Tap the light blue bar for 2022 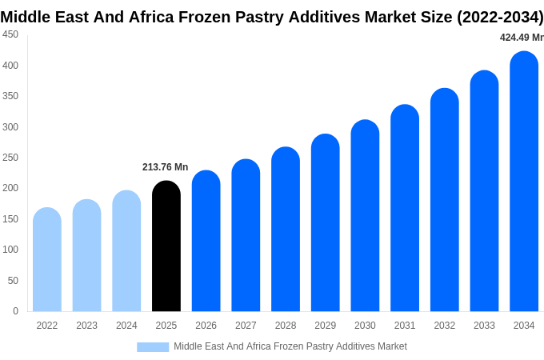point(47,260)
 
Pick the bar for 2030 point(365,216)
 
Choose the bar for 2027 point(246,235)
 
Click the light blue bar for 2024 point(126,251)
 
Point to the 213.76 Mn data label point(165,167)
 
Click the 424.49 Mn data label point(521,38)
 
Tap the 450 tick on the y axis point(10,34)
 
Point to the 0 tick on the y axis point(15,311)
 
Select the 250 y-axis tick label point(10,158)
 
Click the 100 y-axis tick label point(10,250)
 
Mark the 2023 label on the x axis point(86,326)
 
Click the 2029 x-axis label point(325,326)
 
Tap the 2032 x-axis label point(444,326)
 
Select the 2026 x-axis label point(206,326)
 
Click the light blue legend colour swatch point(153,347)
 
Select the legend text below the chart point(290,346)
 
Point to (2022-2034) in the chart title point(500,17)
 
